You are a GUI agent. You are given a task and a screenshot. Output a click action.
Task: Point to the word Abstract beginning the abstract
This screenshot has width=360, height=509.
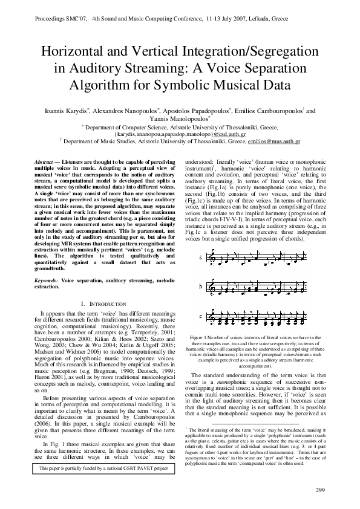[x=43, y=163]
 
